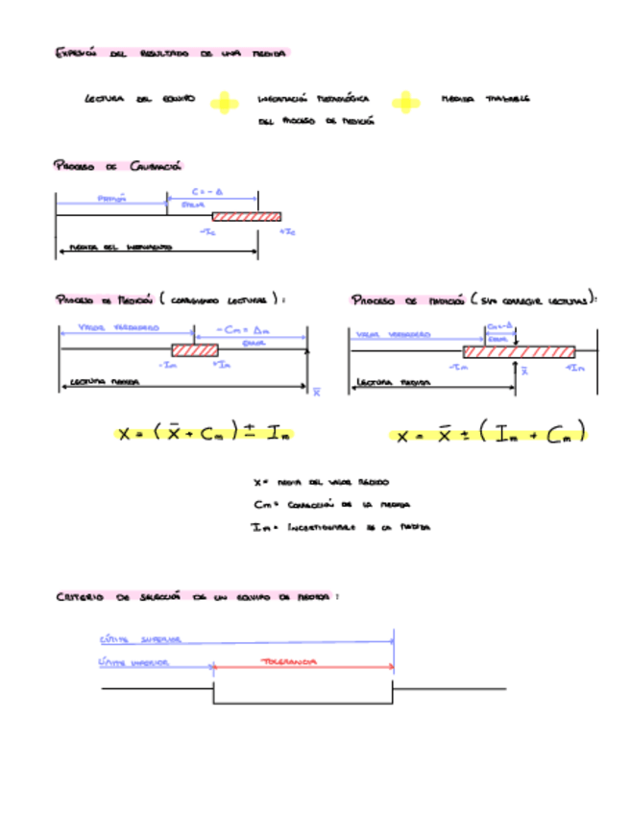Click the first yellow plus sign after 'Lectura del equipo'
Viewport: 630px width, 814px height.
pos(224,102)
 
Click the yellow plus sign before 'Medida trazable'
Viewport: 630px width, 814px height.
pos(406,102)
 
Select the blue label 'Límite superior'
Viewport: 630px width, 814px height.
pos(140,639)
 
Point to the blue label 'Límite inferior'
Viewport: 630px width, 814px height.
pos(134,662)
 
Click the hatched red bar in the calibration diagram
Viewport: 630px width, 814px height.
pos(246,216)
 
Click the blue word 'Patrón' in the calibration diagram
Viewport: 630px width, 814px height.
pos(112,200)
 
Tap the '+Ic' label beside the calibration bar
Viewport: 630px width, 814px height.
pos(287,232)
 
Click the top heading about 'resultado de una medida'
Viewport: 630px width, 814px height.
pos(171,54)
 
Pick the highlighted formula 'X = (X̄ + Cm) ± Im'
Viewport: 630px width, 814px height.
pos(205,434)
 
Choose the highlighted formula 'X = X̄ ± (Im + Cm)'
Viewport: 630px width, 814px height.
pos(490,434)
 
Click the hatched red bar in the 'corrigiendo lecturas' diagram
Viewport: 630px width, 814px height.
pos(195,350)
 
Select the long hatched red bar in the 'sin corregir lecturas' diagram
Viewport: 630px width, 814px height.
pos(519,351)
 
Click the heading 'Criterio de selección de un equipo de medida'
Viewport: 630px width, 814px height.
pos(196,596)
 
